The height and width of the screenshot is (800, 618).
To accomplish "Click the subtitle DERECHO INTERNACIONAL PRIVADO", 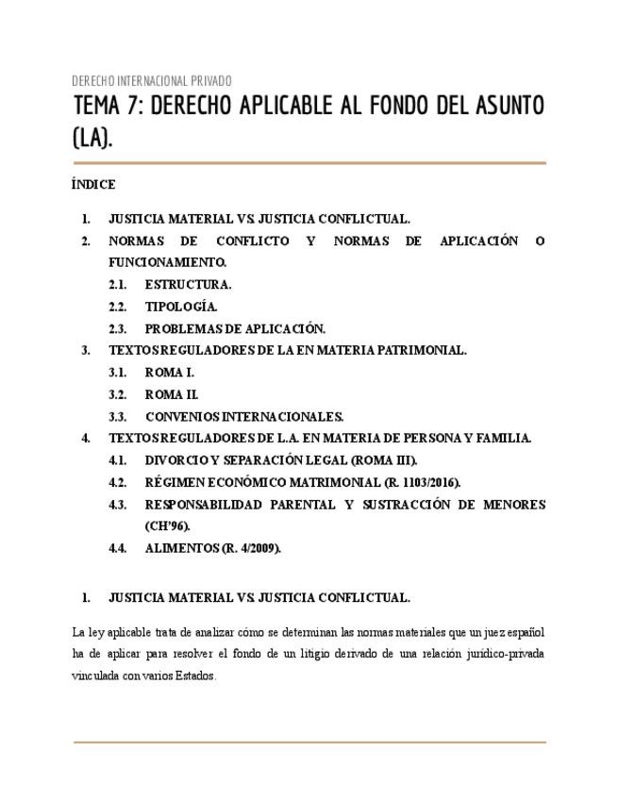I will (152, 80).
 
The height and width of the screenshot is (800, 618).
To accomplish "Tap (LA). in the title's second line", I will (92, 138).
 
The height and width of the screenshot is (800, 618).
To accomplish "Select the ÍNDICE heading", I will (93, 185).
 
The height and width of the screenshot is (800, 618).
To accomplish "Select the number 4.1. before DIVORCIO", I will (117, 460).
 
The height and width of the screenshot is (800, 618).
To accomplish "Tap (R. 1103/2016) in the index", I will (413, 482).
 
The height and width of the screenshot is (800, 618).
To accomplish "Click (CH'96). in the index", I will (167, 526).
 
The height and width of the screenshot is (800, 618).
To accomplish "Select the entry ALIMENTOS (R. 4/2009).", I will (212, 548).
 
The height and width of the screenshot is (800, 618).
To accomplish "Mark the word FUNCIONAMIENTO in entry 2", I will (167, 262).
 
